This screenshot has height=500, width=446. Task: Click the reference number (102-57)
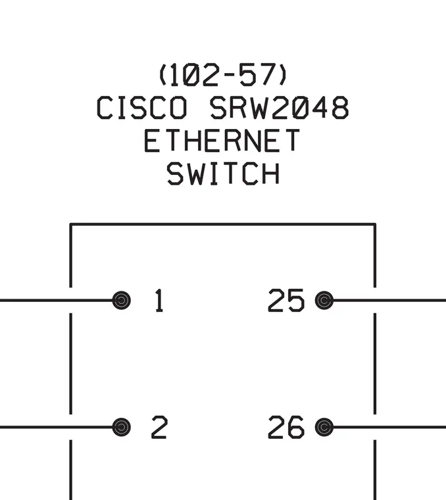pyautogui.click(x=223, y=74)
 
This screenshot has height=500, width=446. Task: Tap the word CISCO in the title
pyautogui.click(x=142, y=108)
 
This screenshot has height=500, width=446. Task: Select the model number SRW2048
pyautogui.click(x=280, y=108)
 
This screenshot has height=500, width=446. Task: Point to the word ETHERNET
pyautogui.click(x=222, y=140)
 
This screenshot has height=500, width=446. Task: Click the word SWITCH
pyautogui.click(x=223, y=173)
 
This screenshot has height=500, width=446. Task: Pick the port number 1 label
pyautogui.click(x=159, y=301)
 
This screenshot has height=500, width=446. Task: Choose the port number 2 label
pyautogui.click(x=159, y=427)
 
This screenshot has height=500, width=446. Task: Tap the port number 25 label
pyautogui.click(x=286, y=301)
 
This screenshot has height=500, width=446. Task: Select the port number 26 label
pyautogui.click(x=286, y=427)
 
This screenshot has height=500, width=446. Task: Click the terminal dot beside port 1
pyautogui.click(x=122, y=301)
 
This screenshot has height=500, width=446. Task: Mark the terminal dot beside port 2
pyautogui.click(x=122, y=427)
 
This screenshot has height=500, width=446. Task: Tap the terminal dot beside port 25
pyautogui.click(x=324, y=301)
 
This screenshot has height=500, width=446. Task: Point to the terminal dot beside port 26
pyautogui.click(x=324, y=427)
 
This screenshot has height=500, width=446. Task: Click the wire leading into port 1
pyautogui.click(x=57, y=301)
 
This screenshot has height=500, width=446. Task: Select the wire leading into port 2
pyautogui.click(x=57, y=427)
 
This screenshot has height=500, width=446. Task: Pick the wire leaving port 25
pyautogui.click(x=389, y=301)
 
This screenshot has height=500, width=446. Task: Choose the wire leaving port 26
pyautogui.click(x=389, y=427)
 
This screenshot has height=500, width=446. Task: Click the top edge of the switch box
pyautogui.click(x=222, y=224)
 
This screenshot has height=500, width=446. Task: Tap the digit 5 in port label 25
pyautogui.click(x=296, y=301)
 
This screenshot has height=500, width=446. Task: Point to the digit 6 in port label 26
pyautogui.click(x=296, y=427)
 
